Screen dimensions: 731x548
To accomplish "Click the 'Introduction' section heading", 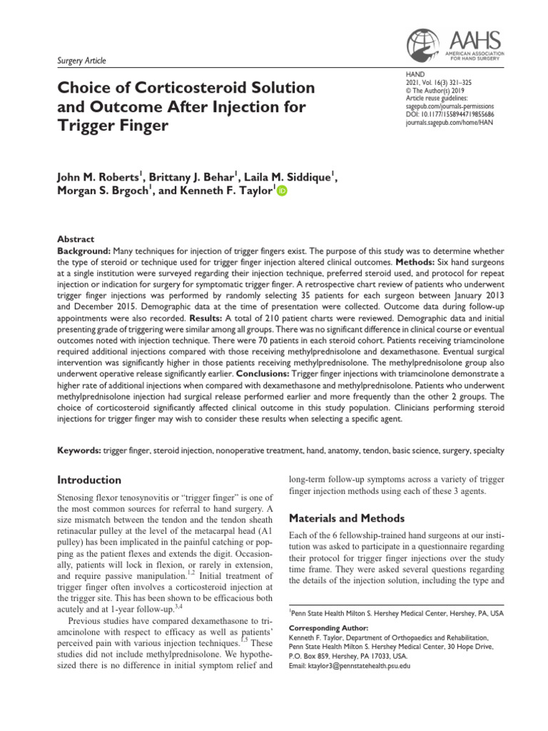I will click(88, 480).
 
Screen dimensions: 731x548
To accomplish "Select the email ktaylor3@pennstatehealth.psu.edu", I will click(350, 665).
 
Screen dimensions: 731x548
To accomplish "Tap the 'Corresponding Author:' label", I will click(329, 627).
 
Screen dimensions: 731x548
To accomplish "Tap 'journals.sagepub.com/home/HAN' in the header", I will click(445, 122).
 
